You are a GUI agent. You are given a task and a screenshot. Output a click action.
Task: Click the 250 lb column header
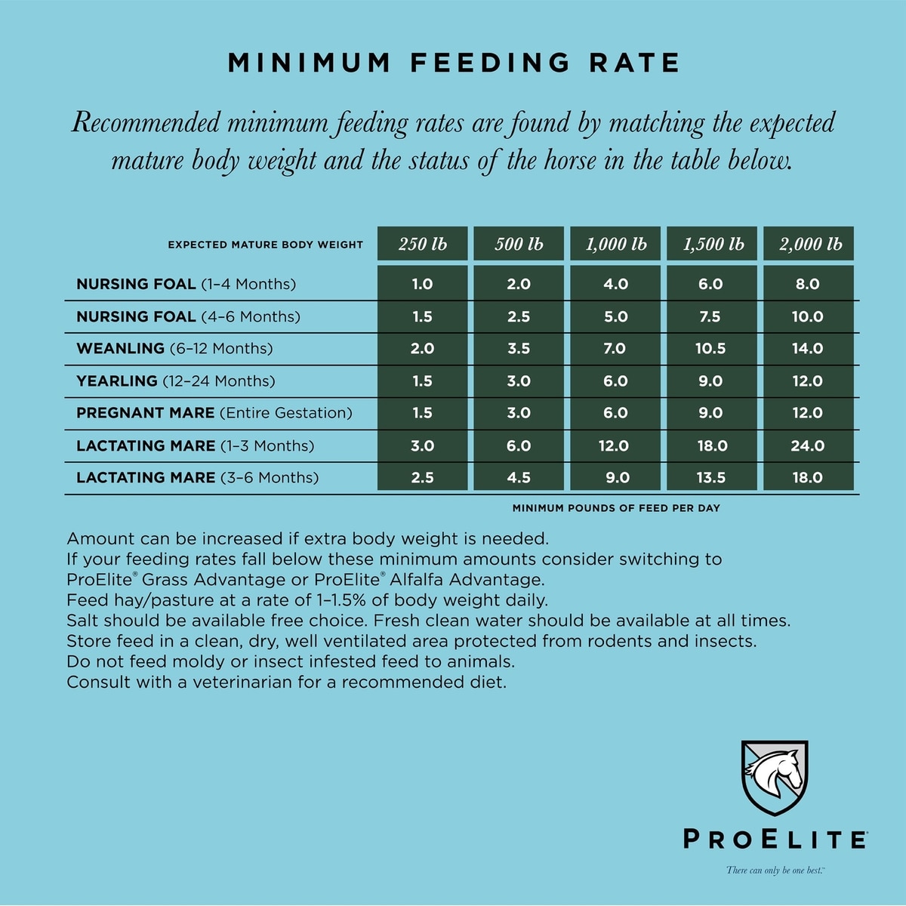coord(423,244)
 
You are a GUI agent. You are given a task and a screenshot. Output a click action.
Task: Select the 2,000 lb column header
coord(809,244)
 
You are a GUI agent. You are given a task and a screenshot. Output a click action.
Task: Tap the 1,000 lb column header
coord(615,244)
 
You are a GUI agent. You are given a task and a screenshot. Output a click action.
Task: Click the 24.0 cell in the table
coord(808,445)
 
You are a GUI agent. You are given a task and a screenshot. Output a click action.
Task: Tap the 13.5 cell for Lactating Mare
coord(711,477)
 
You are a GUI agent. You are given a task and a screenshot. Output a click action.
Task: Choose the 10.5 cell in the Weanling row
coord(711,349)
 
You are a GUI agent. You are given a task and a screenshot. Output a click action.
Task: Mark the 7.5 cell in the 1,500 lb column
coord(711,316)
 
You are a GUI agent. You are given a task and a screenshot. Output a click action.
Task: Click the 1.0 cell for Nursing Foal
coord(423,284)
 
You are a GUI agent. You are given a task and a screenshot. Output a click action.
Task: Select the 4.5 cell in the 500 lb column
coord(519,477)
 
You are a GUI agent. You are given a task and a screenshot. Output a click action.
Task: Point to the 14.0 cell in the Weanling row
coord(808,349)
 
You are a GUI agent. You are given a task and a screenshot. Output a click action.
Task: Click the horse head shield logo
coord(774,778)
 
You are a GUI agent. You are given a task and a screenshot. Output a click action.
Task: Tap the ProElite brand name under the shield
coord(775,840)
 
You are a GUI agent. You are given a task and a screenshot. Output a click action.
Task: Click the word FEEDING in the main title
coord(491,63)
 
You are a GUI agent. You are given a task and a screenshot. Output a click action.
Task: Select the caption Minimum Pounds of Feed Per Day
coord(616,508)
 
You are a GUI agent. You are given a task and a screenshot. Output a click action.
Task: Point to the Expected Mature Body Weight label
coord(265,245)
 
